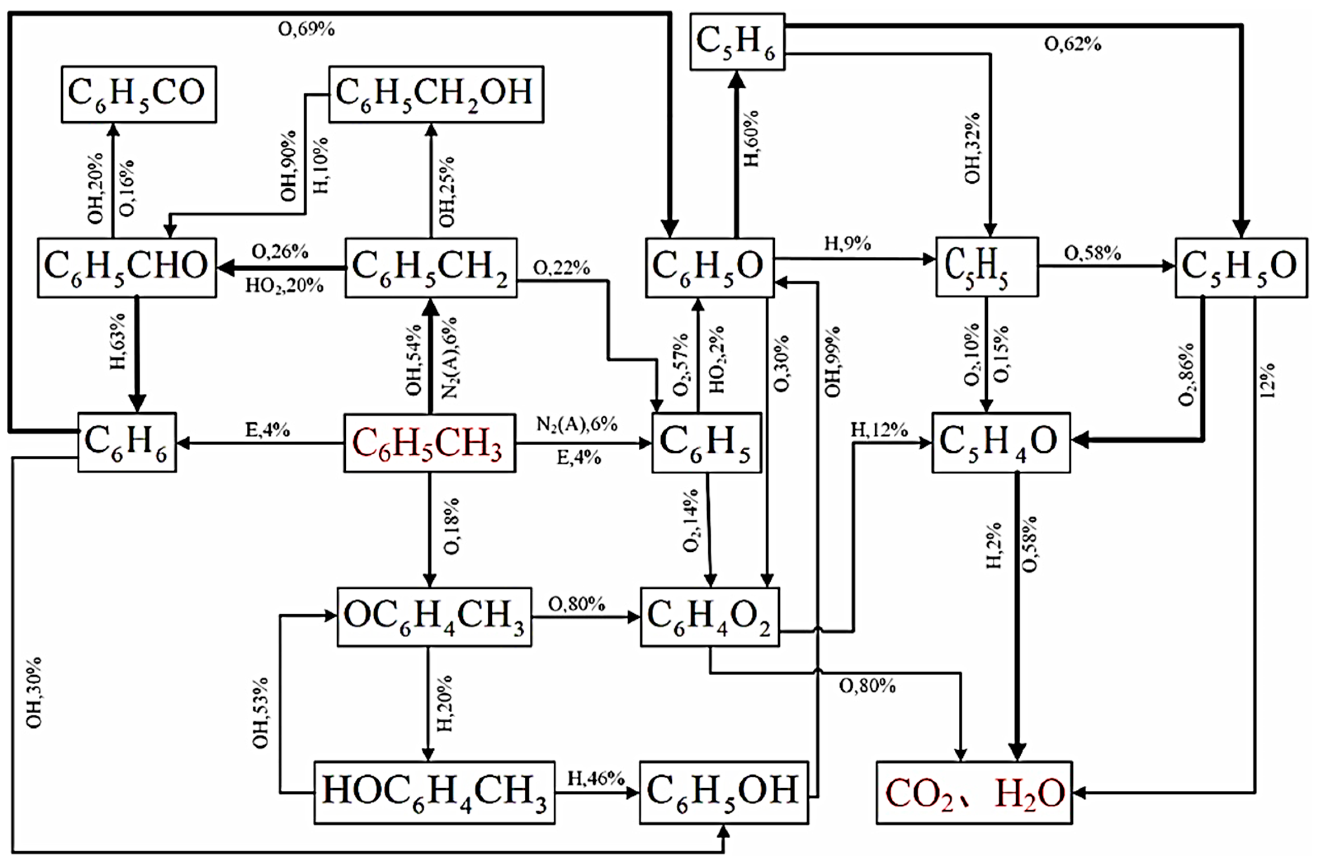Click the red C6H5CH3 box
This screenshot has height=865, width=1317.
tap(430, 443)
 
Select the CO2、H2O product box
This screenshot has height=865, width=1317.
tap(974, 792)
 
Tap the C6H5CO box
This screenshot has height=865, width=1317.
tap(138, 94)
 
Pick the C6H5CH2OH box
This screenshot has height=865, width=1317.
tap(436, 94)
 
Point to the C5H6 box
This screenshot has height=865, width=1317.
tap(737, 42)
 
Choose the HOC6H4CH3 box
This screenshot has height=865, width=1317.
tap(434, 792)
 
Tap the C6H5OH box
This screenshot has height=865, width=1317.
tap(724, 792)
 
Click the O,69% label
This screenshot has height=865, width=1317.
tap(306, 29)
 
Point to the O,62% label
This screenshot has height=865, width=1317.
tap(1072, 44)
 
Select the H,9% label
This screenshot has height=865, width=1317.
tap(847, 243)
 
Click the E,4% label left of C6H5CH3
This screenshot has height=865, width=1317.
tap(267, 430)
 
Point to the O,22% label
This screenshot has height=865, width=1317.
tap(561, 268)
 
